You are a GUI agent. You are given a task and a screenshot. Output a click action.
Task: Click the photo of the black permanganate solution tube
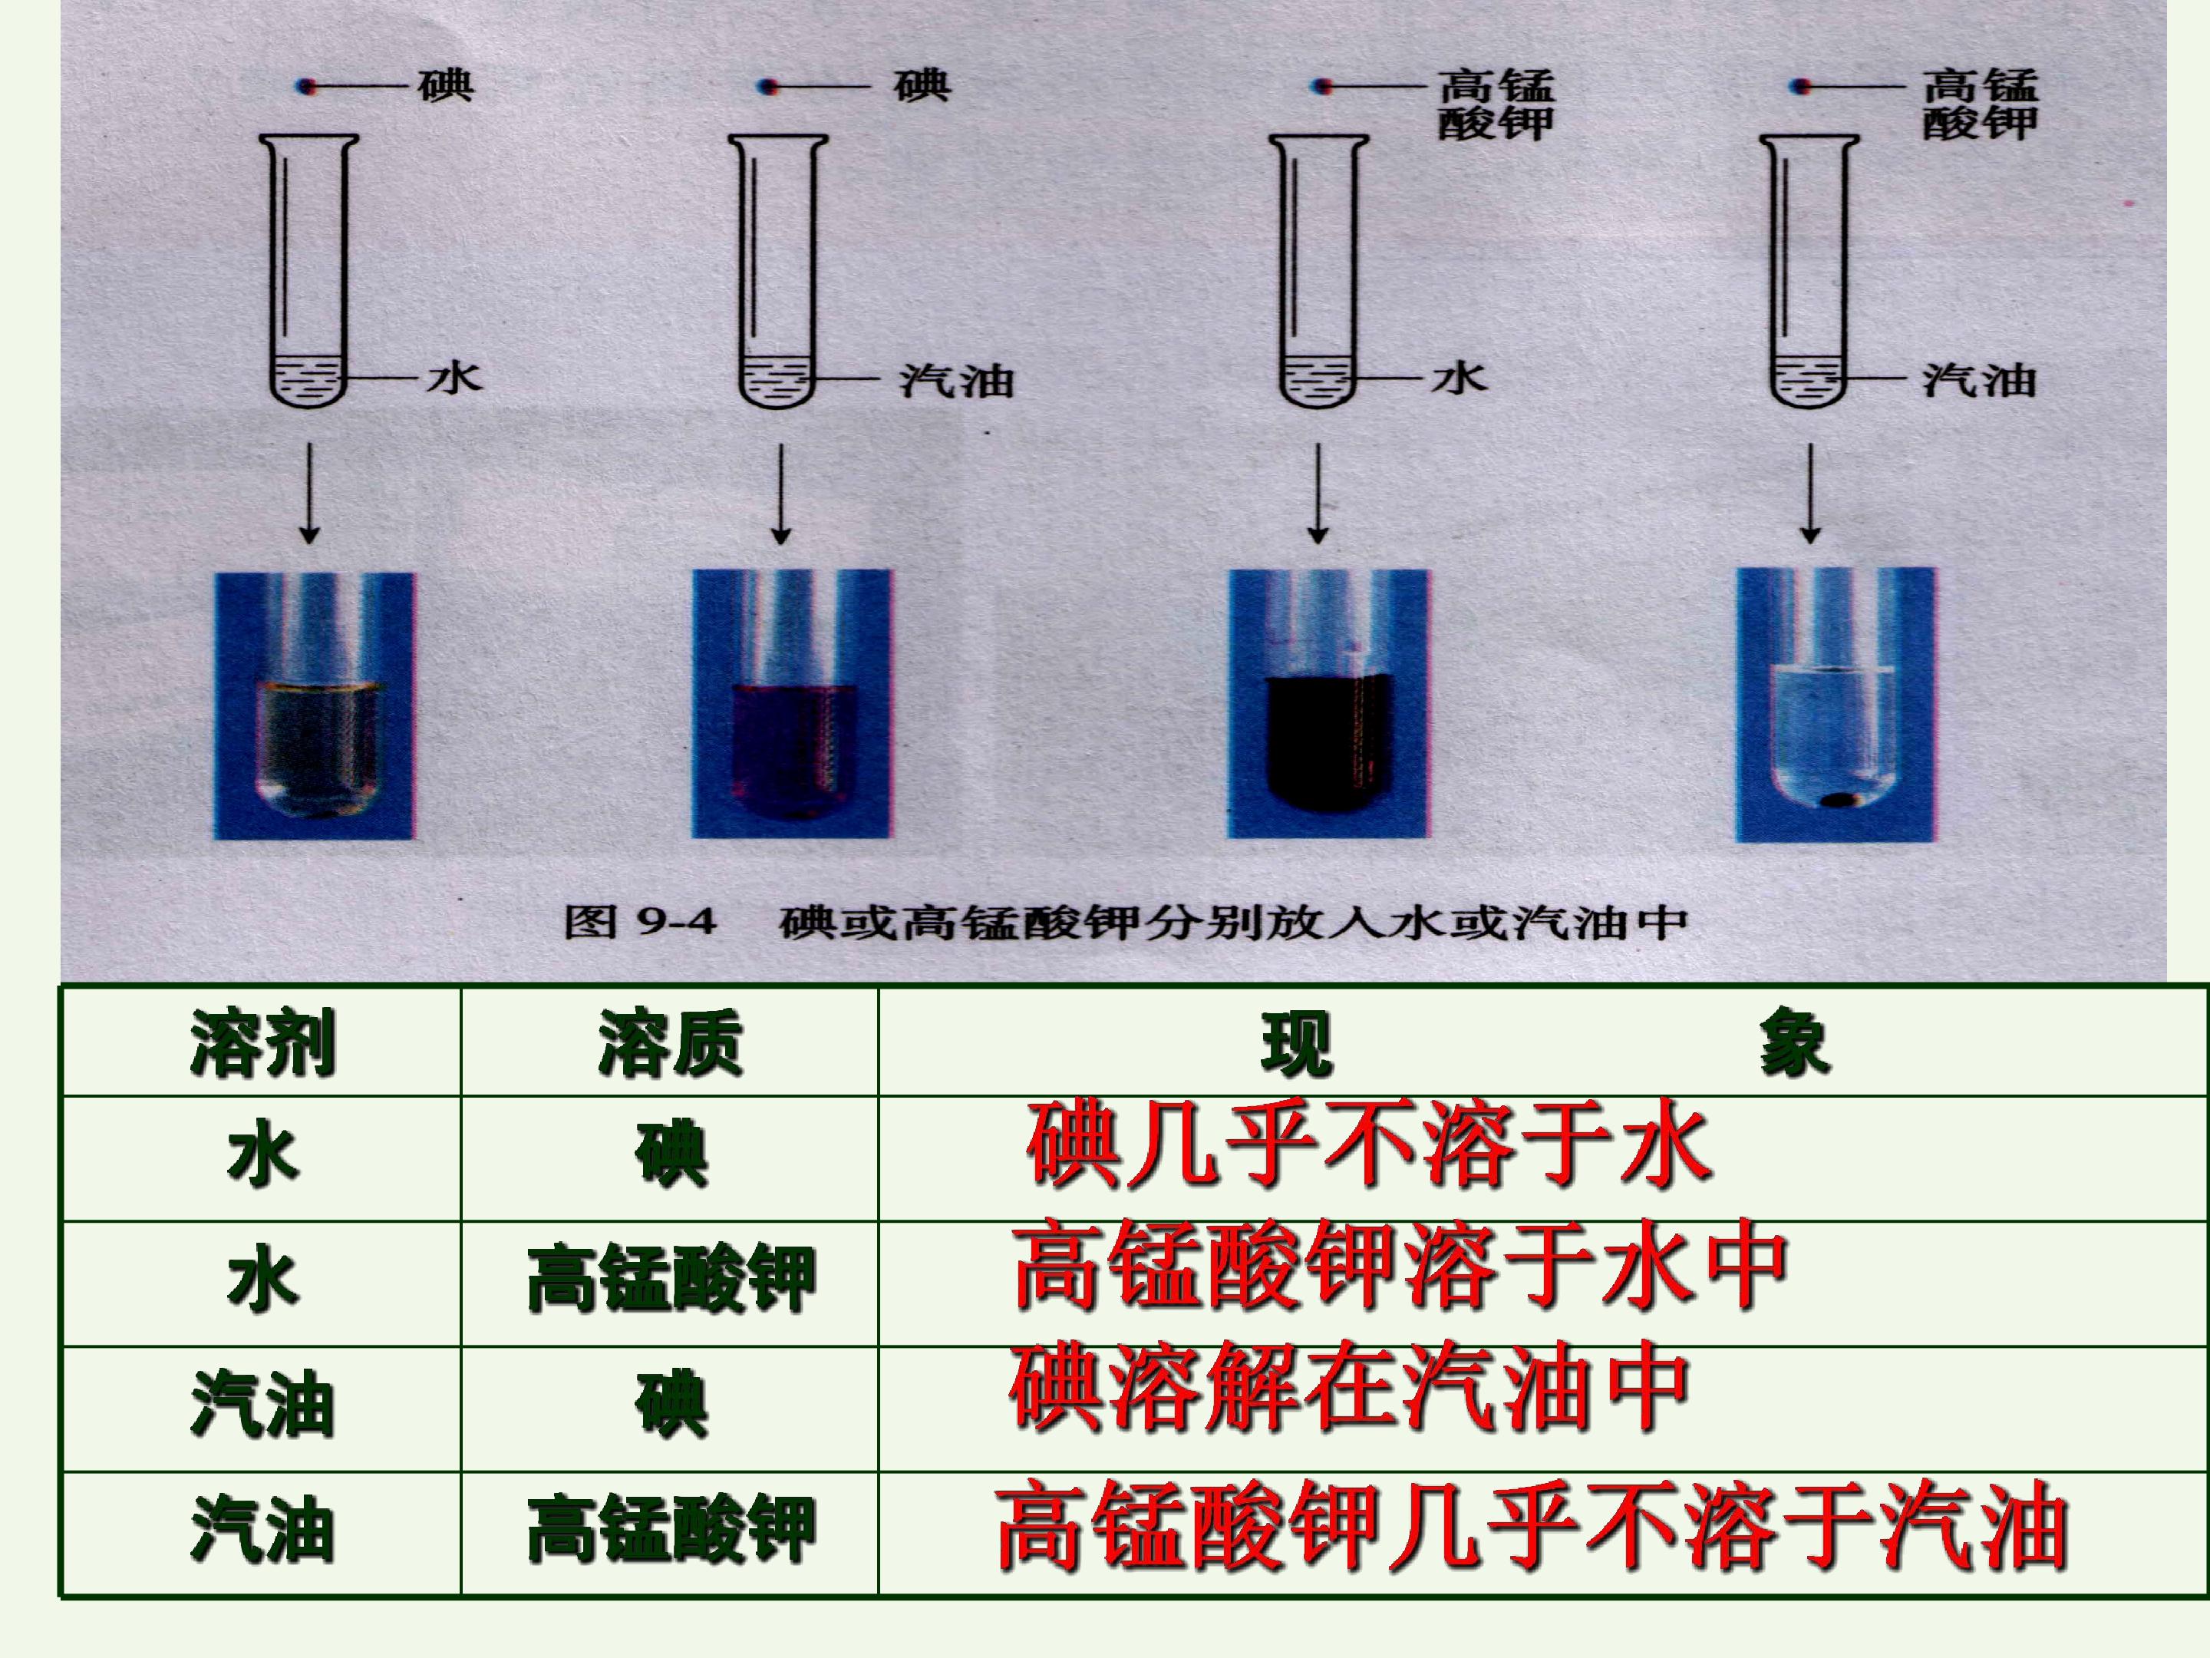1329,704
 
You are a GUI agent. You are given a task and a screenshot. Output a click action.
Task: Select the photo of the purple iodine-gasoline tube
791,704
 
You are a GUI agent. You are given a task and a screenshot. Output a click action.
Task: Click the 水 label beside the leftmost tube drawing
454,378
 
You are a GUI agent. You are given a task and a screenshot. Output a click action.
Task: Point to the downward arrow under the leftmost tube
310,494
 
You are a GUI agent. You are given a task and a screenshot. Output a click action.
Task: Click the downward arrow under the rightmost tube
1810,494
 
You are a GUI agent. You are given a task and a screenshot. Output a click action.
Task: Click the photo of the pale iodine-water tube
314,705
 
